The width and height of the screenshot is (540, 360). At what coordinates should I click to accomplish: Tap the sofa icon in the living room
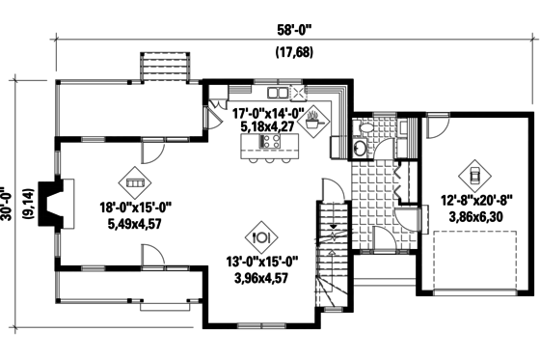(134, 181)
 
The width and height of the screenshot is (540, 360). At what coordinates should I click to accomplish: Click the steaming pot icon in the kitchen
(317, 121)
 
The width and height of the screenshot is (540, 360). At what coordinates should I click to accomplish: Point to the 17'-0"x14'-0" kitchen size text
(269, 112)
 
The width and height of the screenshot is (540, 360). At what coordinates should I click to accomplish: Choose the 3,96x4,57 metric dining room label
(261, 278)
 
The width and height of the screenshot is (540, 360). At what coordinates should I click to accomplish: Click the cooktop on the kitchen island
(270, 142)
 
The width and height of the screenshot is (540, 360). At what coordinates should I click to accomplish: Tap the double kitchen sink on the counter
(279, 93)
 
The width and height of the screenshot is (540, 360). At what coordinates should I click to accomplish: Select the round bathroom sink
(359, 148)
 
